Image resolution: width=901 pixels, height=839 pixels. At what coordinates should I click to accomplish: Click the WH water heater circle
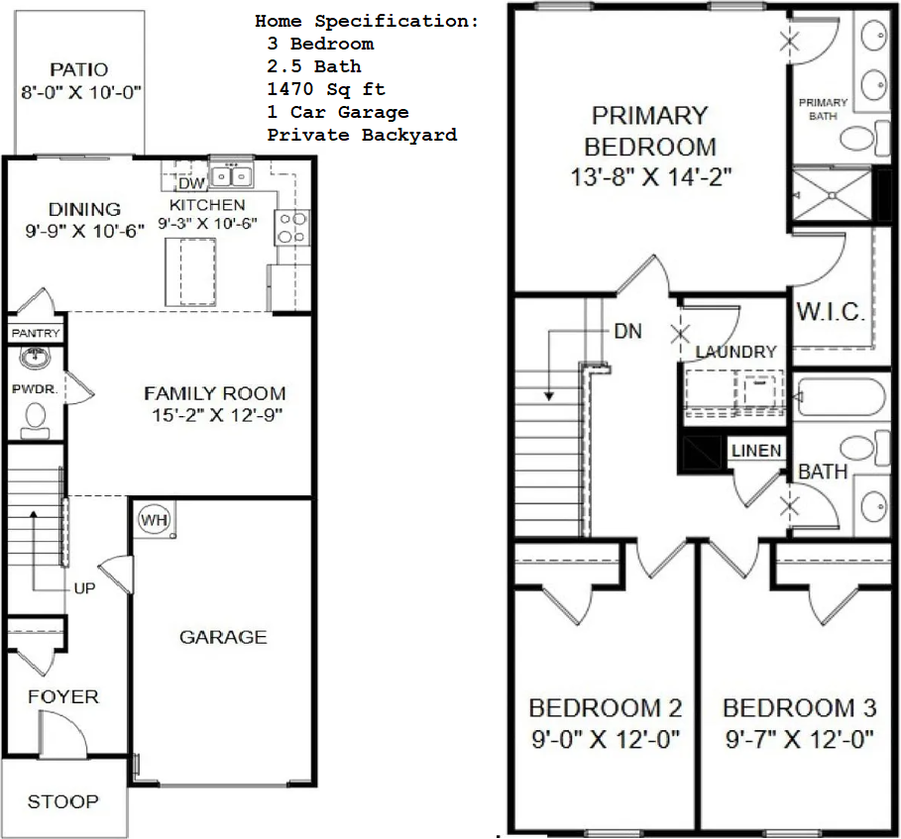coord(154,520)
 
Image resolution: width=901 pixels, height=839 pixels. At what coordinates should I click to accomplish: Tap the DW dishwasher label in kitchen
coord(191,183)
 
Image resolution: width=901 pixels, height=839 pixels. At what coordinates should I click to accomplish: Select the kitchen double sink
coord(232,175)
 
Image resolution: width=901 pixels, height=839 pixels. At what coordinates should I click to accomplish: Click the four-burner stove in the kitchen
coord(292,228)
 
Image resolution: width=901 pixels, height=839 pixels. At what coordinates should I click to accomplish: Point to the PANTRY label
coord(36,333)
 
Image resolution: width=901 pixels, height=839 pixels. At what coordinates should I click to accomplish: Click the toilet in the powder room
coord(35,420)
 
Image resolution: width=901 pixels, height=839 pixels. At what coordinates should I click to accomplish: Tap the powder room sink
coord(35,358)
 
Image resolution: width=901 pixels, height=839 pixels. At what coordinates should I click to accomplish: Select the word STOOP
coord(63,801)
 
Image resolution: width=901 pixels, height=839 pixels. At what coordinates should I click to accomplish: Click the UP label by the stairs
coord(84,588)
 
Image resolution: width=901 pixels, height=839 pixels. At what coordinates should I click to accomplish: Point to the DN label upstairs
coord(628,332)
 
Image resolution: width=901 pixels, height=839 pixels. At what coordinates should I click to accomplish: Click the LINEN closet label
coord(756,451)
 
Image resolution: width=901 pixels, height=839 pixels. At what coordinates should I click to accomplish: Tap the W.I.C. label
coord(831,312)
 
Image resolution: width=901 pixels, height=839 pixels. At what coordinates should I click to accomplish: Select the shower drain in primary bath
coord(833,196)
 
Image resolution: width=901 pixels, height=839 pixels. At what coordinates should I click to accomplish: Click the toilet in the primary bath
coord(858,138)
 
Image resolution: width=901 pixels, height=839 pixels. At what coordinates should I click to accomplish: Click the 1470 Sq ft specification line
coord(326,89)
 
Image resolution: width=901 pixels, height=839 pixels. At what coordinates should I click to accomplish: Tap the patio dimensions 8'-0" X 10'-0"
coord(81,92)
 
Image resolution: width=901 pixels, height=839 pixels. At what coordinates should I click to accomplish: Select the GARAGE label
coord(224,637)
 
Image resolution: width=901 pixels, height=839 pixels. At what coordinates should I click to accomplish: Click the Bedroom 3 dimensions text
coord(799,739)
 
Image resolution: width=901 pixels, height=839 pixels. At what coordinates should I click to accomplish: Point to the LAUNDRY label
coord(736,352)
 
